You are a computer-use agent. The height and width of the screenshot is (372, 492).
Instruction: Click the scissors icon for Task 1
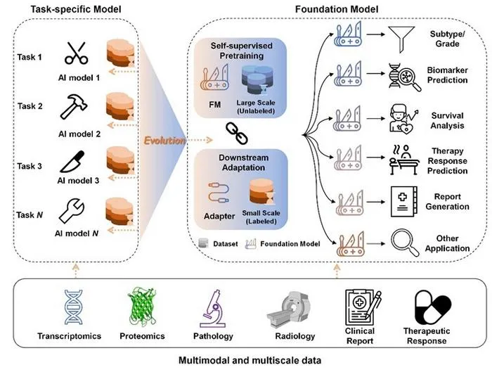[76, 53]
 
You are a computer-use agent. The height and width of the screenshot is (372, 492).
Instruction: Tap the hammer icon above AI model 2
[73, 107]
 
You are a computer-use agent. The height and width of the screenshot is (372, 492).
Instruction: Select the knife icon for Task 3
[72, 162]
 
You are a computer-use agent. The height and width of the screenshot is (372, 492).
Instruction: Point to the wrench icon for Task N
[72, 211]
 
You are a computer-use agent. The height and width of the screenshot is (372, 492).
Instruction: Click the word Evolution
[164, 141]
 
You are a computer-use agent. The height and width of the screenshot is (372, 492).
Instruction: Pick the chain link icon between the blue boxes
[237, 133]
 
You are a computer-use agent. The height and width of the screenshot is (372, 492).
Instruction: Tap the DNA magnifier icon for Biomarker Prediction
[404, 77]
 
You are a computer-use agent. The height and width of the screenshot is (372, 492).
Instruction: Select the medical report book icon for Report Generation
[404, 202]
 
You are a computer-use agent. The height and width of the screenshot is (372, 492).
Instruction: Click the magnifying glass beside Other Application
[405, 243]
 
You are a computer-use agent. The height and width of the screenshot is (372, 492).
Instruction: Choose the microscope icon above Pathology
[212, 309]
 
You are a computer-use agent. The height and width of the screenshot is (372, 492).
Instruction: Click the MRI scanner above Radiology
[290, 309]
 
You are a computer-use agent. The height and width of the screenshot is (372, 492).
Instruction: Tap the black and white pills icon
[432, 307]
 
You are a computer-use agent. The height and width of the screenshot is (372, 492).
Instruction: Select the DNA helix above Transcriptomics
[73, 307]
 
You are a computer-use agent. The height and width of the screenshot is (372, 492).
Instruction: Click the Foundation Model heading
[337, 9]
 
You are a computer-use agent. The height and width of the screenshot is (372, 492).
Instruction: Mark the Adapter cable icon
[219, 193]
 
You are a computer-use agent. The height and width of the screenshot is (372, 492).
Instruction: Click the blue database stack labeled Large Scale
[257, 80]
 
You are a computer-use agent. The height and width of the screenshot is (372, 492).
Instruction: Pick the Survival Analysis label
[447, 120]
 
